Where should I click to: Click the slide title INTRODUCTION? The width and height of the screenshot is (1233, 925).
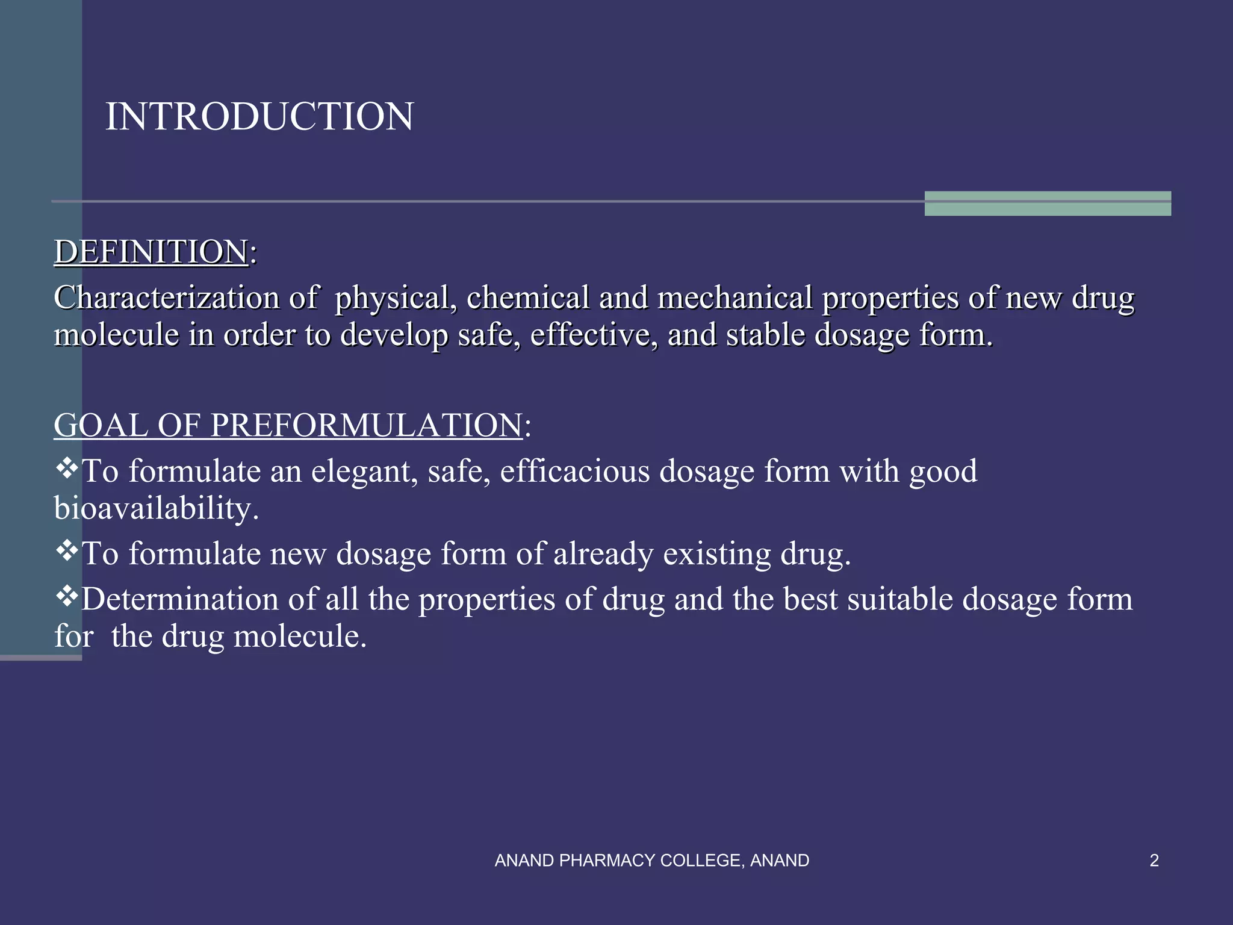tap(259, 116)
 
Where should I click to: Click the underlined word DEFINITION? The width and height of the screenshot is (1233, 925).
tap(151, 252)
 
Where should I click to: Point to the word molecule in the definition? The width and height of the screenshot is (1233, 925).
tap(116, 335)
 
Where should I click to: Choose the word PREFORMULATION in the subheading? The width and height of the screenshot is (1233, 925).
tap(366, 425)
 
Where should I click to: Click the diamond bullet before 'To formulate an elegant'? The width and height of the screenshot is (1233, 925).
tap(67, 468)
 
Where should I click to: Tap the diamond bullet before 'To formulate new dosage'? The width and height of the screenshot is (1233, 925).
tap(67, 550)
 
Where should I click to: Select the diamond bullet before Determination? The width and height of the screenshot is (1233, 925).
tap(67, 596)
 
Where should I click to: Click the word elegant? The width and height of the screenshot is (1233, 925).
tap(364, 472)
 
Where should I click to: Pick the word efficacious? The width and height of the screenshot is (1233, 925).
tap(575, 472)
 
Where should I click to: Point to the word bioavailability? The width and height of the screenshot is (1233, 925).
tap(156, 509)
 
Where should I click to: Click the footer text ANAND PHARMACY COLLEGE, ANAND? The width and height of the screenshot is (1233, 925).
tap(651, 861)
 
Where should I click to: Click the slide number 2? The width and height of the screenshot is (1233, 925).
tap(1154, 861)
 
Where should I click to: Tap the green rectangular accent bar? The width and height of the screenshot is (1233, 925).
tap(1047, 204)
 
